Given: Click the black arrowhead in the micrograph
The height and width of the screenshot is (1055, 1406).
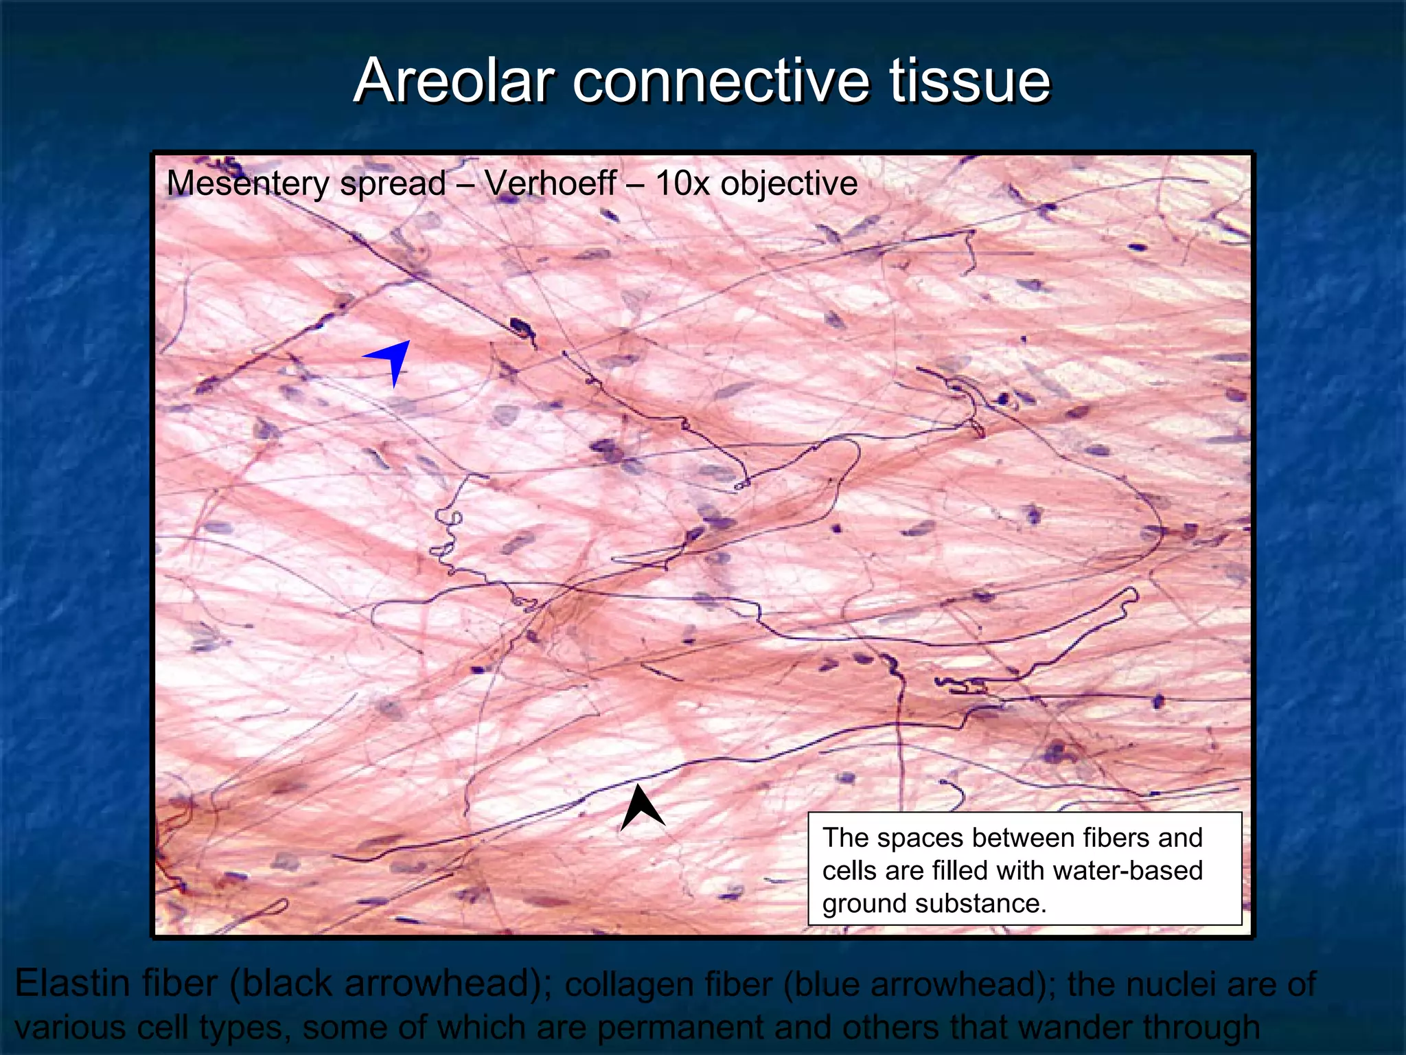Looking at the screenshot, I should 642,807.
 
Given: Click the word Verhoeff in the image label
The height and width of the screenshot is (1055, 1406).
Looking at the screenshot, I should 550,183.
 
